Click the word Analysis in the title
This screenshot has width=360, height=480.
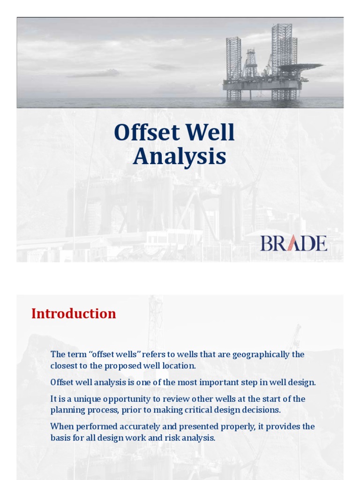[179, 157]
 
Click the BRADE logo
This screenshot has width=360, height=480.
[294, 243]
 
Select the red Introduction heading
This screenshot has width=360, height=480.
[74, 314]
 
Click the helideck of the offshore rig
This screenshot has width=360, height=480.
[300, 67]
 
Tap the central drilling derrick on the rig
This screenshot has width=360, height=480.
[250, 63]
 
